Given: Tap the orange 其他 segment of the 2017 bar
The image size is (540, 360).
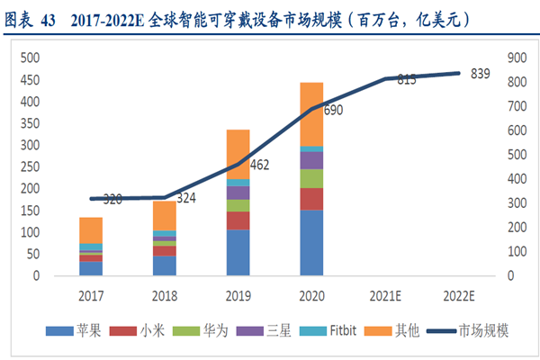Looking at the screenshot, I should click(x=91, y=230).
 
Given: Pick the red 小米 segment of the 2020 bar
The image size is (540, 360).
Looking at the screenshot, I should click(x=311, y=199).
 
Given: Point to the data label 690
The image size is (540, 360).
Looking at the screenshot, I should click(x=334, y=110).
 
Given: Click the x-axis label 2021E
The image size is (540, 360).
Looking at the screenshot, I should click(x=385, y=295).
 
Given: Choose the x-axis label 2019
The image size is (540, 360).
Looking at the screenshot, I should click(x=238, y=295).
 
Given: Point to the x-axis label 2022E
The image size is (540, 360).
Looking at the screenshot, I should click(x=458, y=295).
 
